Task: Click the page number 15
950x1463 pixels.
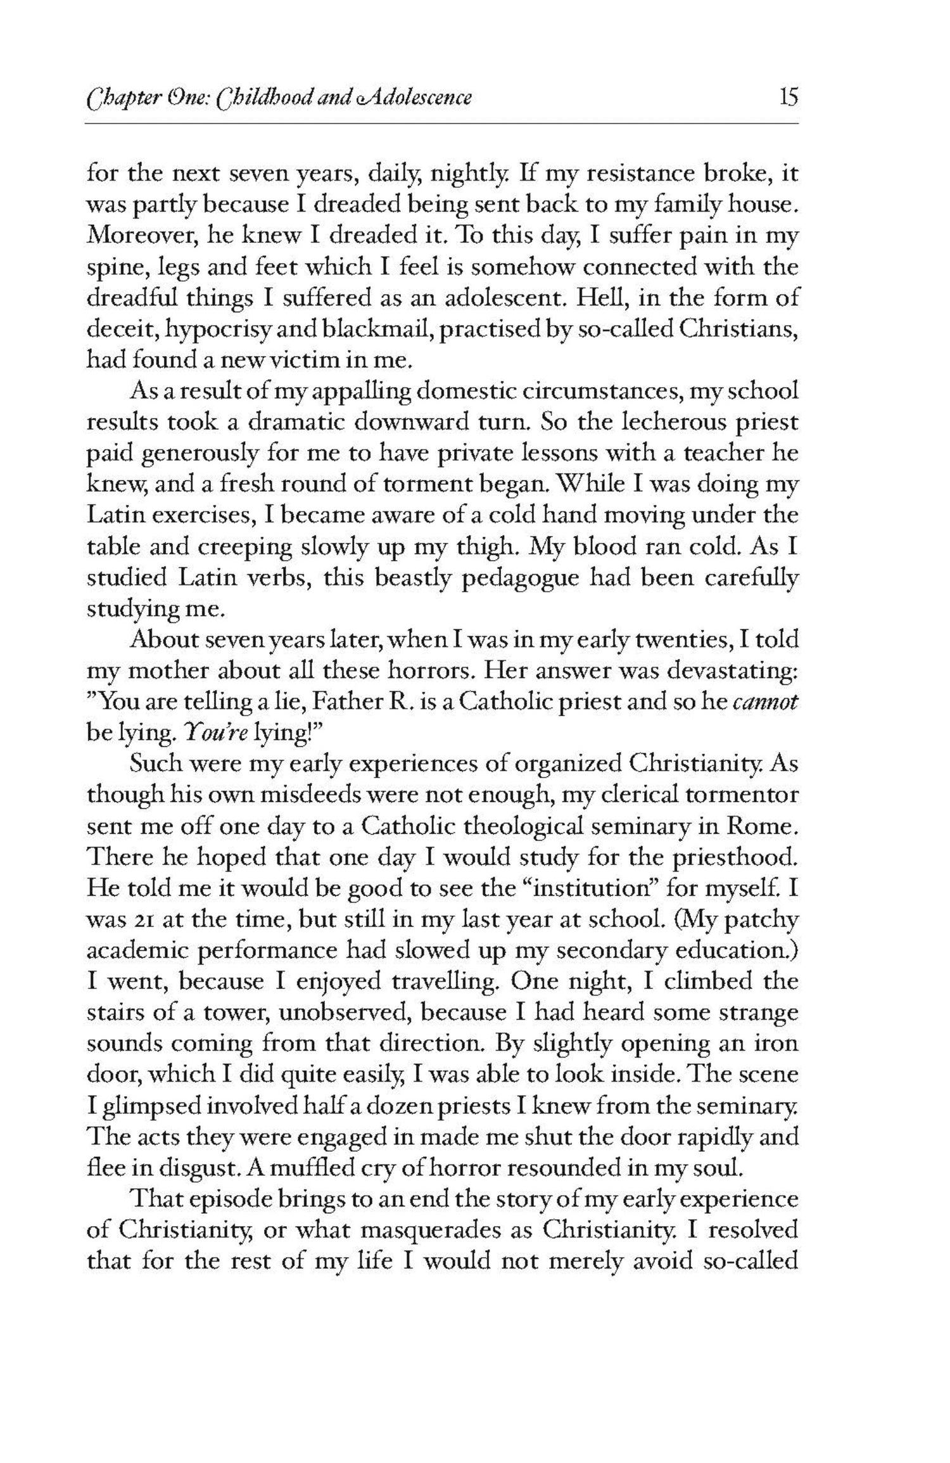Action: click(x=789, y=98)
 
